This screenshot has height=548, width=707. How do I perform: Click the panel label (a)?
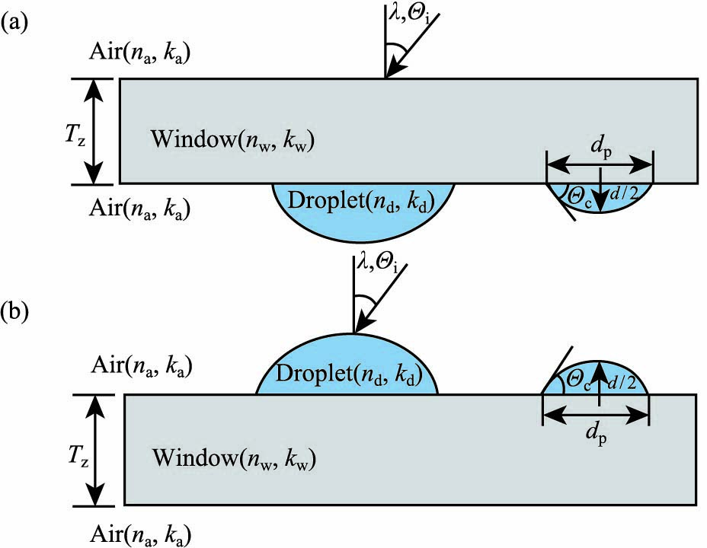16,24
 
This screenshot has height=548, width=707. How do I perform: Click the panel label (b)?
18,312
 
